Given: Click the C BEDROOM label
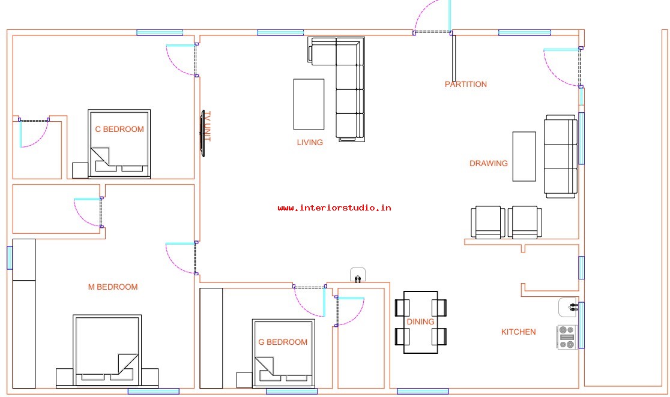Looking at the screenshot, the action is pyautogui.click(x=119, y=129).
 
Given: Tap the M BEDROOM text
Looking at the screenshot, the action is pyautogui.click(x=113, y=287).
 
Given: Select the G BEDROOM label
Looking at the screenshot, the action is pyautogui.click(x=282, y=342).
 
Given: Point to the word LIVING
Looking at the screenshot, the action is pyautogui.click(x=310, y=142).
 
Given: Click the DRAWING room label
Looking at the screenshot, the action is pyautogui.click(x=489, y=163).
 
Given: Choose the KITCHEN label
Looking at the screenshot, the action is pyautogui.click(x=518, y=332).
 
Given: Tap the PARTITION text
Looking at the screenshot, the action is pyautogui.click(x=466, y=84).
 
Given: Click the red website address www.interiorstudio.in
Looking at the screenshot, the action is pyautogui.click(x=334, y=208).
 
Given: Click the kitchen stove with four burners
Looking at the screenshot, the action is pyautogui.click(x=567, y=337).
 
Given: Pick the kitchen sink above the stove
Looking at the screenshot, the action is pyautogui.click(x=569, y=308).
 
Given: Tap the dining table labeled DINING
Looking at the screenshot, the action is pyautogui.click(x=420, y=322).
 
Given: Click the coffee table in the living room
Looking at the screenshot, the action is pyautogui.click(x=309, y=104).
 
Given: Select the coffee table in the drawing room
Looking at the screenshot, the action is pyautogui.click(x=524, y=157).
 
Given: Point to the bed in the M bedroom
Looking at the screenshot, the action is pyautogui.click(x=107, y=351).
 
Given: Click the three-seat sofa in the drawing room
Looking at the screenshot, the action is pyautogui.click(x=561, y=157).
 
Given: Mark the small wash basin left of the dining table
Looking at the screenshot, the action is pyautogui.click(x=358, y=275).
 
